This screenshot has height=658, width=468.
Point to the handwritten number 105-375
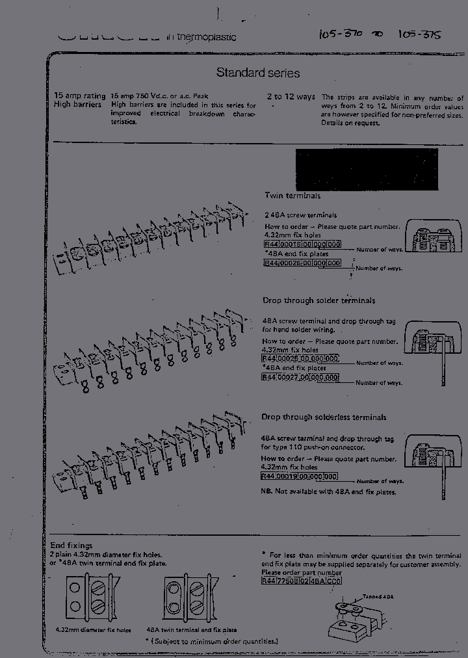419,33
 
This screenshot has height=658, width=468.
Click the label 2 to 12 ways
291,97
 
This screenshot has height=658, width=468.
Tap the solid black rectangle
367,170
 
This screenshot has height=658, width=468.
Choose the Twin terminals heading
292,196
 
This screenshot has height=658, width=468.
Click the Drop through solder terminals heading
318,300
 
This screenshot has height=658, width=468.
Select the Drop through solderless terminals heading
324,417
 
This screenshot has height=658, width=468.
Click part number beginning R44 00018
302,246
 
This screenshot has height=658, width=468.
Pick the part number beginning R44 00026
302,263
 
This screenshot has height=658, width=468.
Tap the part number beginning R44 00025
300,359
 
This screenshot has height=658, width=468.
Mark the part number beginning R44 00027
300,377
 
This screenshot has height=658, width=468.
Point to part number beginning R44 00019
300,476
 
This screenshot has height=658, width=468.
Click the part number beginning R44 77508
302,581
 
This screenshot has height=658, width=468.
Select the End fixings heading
71,546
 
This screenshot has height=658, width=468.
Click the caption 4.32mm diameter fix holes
92,630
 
